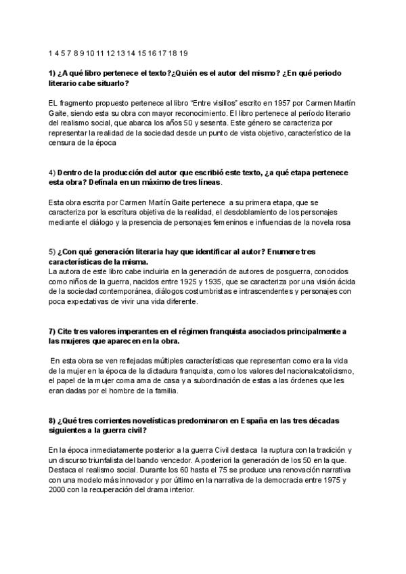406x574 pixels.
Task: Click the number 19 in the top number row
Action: click(183, 53)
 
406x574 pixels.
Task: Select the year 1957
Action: click(263, 102)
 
